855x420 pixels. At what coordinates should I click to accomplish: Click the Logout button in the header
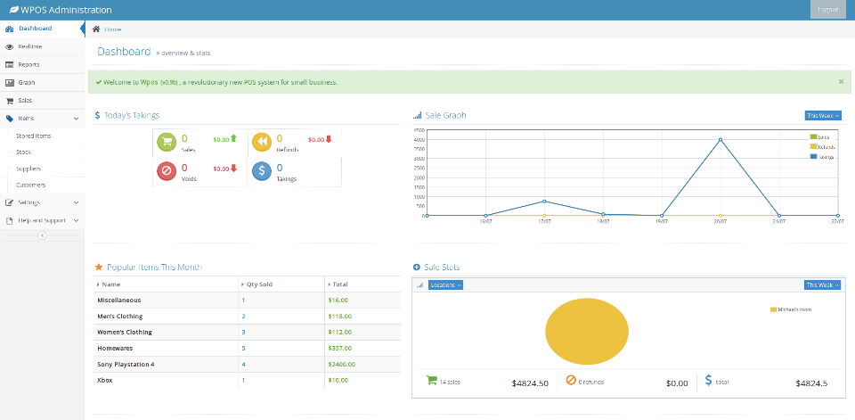(827, 10)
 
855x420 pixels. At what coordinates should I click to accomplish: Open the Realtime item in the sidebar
(29, 46)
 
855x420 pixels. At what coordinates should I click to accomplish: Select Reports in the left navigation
(28, 64)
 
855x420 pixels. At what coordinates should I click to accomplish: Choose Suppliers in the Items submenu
(28, 169)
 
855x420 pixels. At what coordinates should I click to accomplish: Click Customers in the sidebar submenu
(30, 185)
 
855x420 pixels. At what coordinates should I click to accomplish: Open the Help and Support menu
(42, 220)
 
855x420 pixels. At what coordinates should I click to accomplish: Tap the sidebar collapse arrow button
(42, 235)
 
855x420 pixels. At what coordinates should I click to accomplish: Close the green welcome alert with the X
(841, 82)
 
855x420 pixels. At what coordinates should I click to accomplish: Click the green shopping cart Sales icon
(167, 143)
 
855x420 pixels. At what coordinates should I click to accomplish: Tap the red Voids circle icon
(167, 171)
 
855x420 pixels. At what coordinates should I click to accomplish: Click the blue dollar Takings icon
(261, 171)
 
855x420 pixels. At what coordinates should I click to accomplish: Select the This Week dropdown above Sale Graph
(822, 115)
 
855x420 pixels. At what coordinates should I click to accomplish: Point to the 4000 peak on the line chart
(721, 140)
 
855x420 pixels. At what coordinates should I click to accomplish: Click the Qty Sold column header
(258, 284)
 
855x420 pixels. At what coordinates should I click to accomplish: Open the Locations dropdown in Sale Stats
(445, 284)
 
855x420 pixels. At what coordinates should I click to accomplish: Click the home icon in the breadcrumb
(96, 29)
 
